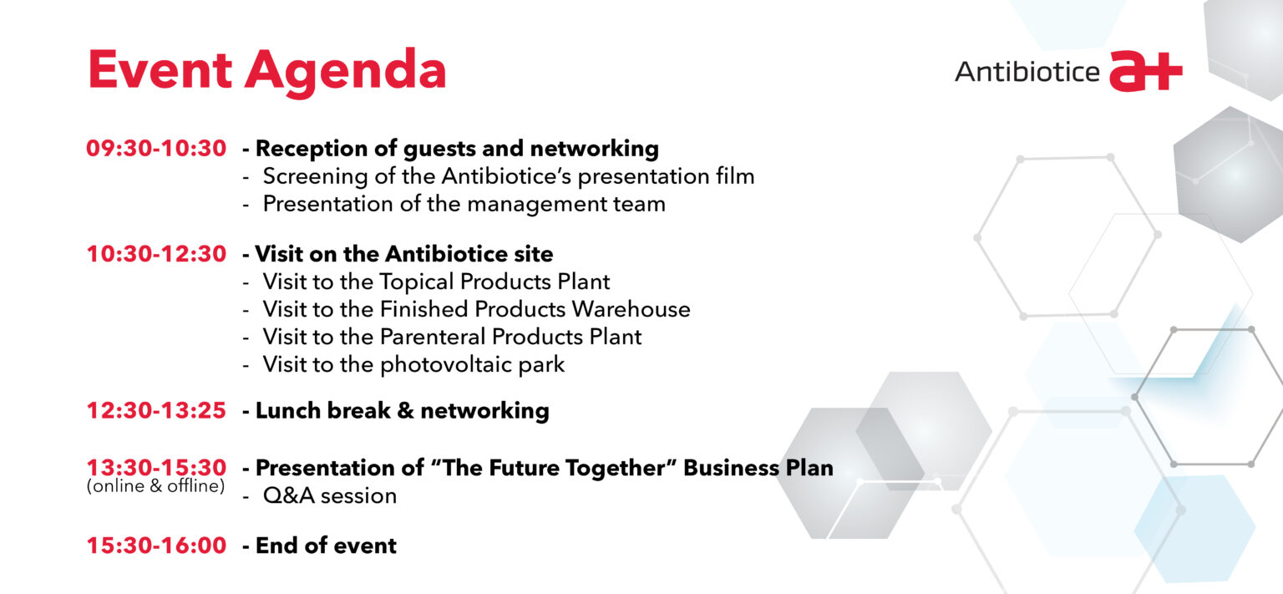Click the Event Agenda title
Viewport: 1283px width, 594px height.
point(267,72)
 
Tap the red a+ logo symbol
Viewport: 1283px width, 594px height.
point(1145,71)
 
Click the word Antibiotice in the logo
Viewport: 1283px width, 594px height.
point(1027,72)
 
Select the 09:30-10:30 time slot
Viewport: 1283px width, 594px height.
point(156,149)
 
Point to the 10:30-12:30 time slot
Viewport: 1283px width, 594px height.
point(156,254)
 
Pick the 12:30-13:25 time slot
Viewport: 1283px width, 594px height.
point(156,411)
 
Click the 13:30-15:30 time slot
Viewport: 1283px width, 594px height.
point(156,467)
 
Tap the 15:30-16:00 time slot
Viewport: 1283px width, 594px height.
point(156,546)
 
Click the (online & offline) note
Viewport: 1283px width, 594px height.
point(156,486)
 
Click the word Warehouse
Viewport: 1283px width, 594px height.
point(631,309)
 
